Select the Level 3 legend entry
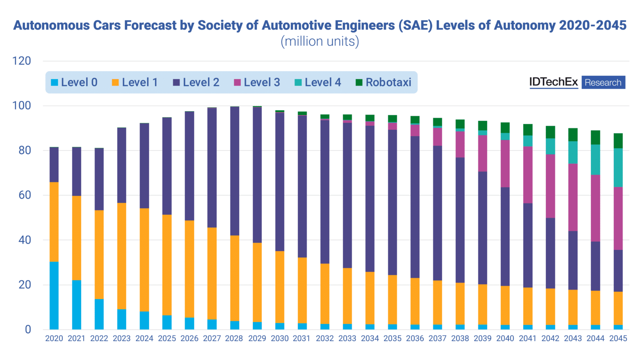257,82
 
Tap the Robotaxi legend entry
383,82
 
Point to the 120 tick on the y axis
22,61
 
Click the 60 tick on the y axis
25,195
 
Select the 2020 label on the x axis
54,338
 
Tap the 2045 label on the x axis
618,338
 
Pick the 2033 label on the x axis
347,338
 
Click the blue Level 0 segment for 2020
54,295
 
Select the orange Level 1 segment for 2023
122,256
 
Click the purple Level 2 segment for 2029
257,175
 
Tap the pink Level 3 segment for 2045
618,218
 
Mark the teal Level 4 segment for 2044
595,160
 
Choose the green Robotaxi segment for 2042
550,132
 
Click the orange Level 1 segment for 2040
505,305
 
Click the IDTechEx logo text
553,82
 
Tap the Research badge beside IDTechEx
603,82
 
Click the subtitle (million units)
320,42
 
